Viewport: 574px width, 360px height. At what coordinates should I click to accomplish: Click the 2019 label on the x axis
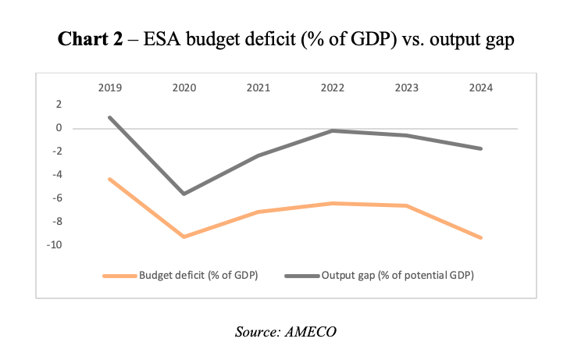click(109, 88)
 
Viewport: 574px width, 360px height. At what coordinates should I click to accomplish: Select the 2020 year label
click(184, 88)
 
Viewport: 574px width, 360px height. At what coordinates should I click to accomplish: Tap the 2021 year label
click(258, 88)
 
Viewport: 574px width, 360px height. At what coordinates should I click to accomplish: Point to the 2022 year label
click(332, 88)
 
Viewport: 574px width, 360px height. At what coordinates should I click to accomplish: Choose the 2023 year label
click(406, 88)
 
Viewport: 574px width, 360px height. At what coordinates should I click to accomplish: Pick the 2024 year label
click(480, 88)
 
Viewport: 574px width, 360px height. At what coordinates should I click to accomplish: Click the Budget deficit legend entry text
click(198, 276)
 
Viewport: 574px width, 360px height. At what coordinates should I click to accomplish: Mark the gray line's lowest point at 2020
click(184, 194)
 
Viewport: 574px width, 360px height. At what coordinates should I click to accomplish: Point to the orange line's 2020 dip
click(184, 237)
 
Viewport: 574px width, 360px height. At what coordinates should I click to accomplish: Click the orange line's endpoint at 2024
click(480, 237)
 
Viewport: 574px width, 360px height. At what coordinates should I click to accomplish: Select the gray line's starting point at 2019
click(109, 117)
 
